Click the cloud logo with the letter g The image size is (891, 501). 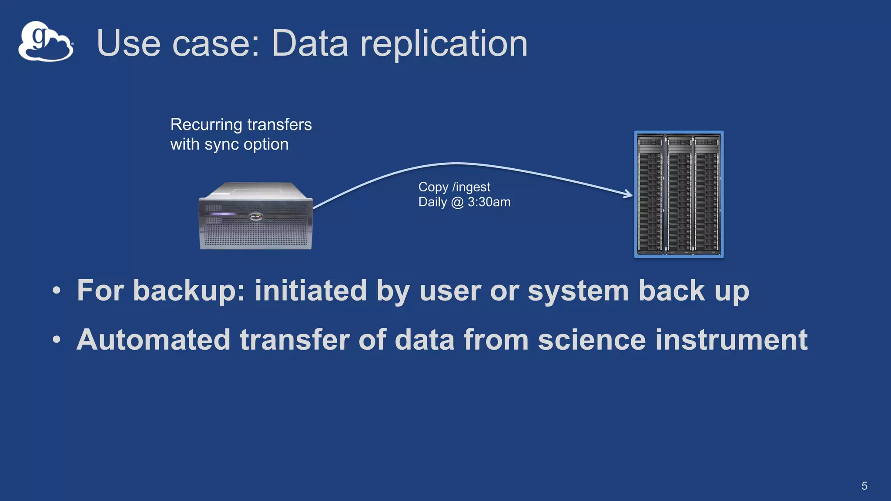[46, 42]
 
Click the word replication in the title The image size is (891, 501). [443, 43]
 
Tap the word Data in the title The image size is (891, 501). [309, 43]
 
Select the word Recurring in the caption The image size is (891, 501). [206, 125]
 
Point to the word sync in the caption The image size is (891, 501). [221, 145]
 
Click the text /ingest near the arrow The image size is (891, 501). [471, 187]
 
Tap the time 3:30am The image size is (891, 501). [489, 202]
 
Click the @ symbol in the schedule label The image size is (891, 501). [457, 203]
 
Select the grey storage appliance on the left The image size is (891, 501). [256, 216]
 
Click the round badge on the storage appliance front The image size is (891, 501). [256, 216]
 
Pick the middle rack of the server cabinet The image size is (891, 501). [679, 194]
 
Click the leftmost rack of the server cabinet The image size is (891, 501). [650, 194]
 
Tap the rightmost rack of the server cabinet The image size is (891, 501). [707, 194]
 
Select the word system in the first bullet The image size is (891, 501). [578, 291]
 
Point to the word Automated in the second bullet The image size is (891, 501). [153, 340]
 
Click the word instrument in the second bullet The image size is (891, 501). [731, 340]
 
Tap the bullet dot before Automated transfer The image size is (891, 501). [57, 340]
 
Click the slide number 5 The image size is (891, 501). [864, 486]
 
